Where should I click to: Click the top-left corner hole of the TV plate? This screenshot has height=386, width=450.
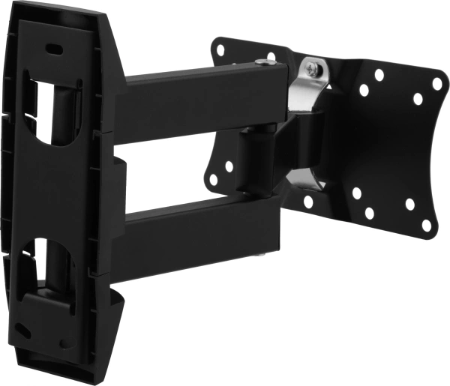[x=220, y=50]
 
